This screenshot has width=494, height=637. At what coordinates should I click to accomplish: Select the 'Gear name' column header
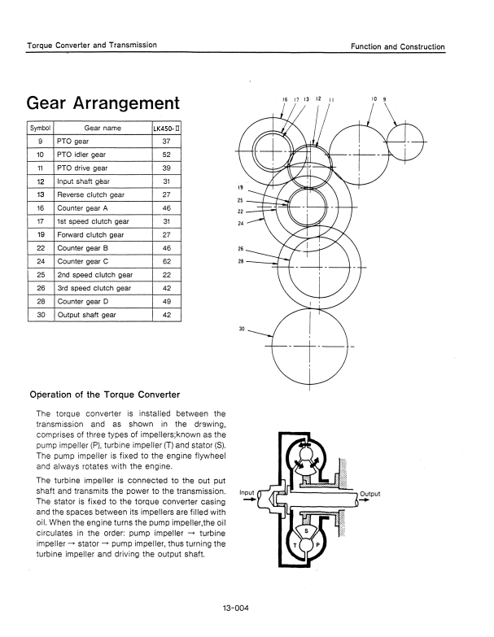pyautogui.click(x=102, y=129)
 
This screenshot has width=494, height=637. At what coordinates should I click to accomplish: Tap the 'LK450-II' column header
pyautogui.click(x=165, y=129)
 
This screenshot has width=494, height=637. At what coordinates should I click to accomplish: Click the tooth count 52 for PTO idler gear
pyautogui.click(x=165, y=155)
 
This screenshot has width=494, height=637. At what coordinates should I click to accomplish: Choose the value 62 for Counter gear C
pyautogui.click(x=165, y=261)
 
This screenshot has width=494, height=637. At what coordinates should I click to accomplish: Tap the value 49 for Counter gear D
pyautogui.click(x=165, y=302)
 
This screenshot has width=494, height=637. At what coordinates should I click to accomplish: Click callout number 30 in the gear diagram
pyautogui.click(x=242, y=329)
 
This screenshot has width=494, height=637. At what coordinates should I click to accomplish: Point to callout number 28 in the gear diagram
pyautogui.click(x=240, y=261)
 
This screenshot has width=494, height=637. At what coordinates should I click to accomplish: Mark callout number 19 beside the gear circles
pyautogui.click(x=240, y=186)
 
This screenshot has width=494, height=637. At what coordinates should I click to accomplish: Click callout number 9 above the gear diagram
pyautogui.click(x=384, y=100)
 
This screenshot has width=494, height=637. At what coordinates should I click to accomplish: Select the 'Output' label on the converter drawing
pyautogui.click(x=369, y=494)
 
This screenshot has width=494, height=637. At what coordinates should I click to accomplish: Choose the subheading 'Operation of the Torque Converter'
pyautogui.click(x=104, y=395)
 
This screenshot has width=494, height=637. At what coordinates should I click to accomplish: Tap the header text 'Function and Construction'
pyautogui.click(x=398, y=46)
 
